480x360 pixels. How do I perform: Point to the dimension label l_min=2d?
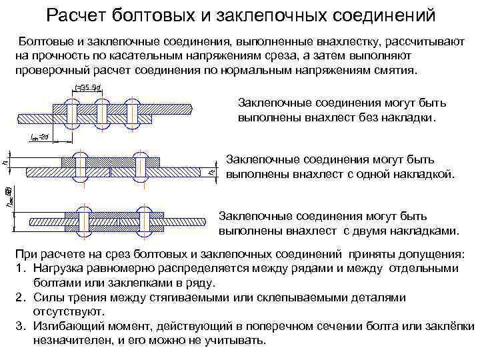point(40,137)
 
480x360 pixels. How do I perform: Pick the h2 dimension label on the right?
point(212,171)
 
